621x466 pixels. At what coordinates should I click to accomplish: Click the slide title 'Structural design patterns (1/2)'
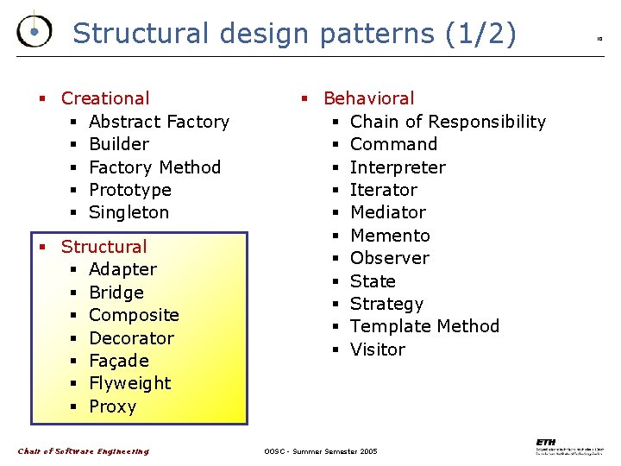pos(294,33)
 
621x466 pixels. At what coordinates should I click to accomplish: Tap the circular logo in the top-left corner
pos(34,32)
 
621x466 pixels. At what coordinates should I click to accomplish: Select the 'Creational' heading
pos(105,98)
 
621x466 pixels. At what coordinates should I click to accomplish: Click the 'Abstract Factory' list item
pos(159,122)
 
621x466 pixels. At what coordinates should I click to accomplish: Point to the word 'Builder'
pos(119,144)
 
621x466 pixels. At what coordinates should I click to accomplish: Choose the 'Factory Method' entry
pos(154,167)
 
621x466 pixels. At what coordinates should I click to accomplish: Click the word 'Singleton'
pos(129,212)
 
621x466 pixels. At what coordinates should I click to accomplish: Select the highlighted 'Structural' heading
pos(103,247)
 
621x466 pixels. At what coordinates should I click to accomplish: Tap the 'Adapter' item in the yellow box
pos(122,269)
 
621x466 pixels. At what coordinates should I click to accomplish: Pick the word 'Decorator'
pos(131,337)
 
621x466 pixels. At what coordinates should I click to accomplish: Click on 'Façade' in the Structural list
pos(119,361)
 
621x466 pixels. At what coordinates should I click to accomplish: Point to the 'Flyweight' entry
pos(129,383)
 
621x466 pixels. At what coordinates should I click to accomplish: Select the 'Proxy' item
pos(113,406)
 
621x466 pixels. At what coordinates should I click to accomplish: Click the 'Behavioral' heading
pos(368,98)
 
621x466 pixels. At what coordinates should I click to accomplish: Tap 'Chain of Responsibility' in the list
pos(448,122)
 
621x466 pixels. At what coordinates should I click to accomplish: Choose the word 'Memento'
pos(390,236)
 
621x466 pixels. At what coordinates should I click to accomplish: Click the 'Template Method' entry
pos(424,326)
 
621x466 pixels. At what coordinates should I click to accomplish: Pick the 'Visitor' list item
pos(377,349)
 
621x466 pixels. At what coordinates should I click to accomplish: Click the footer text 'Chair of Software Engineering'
pos(84,451)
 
